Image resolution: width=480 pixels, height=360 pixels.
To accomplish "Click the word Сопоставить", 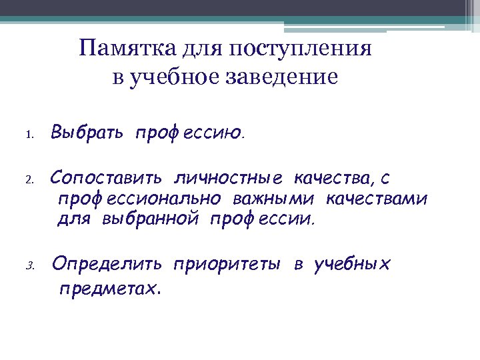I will (107, 179).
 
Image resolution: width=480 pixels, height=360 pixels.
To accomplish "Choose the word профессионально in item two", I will (139, 199).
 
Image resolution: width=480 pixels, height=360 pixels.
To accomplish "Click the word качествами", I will (375, 199).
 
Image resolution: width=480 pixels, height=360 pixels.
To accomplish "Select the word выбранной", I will (150, 219).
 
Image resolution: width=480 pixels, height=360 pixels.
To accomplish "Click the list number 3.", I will (29, 266).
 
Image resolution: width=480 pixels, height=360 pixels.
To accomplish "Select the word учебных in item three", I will (352, 264).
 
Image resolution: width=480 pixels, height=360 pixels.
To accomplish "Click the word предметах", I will (110, 289).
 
